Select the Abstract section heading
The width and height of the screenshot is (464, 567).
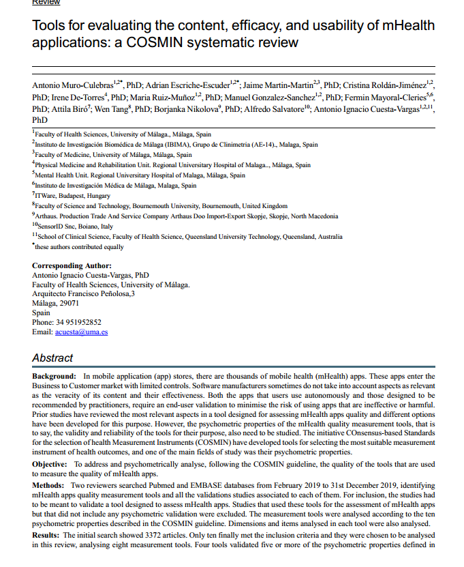(x=52, y=358)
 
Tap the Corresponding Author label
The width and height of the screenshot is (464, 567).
(x=72, y=265)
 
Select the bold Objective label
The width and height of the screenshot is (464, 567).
(x=50, y=463)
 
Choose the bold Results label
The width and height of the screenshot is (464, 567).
(x=46, y=535)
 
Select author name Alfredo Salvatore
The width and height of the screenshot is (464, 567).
(x=273, y=108)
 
